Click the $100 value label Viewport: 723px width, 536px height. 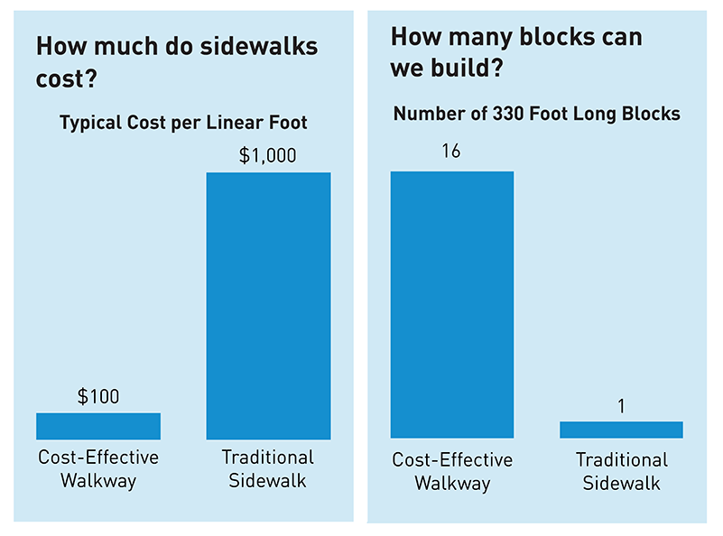pos(98,396)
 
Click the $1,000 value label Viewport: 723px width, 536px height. pos(267,155)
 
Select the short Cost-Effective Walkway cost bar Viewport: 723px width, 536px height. pos(98,426)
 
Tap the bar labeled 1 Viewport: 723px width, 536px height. pos(621,430)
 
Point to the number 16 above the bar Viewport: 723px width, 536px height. pos(451,152)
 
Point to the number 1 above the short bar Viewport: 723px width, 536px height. pos(621,406)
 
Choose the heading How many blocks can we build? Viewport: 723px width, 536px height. pos(516,52)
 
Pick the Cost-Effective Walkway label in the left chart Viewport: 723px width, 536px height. pos(98,468)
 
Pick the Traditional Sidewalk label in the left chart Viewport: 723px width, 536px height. pos(268,468)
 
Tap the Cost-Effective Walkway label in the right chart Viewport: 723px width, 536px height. pos(451,472)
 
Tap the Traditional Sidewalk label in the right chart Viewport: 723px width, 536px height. pos(621,472)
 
